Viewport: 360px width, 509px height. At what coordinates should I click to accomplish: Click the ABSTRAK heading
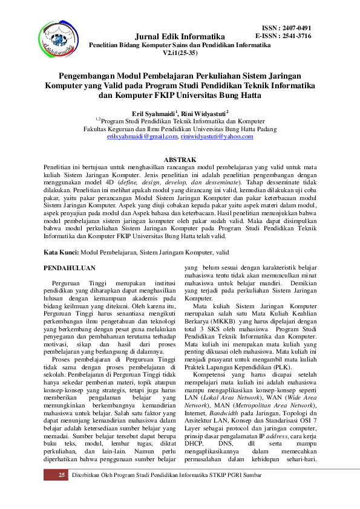pyautogui.click(x=180, y=156)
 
